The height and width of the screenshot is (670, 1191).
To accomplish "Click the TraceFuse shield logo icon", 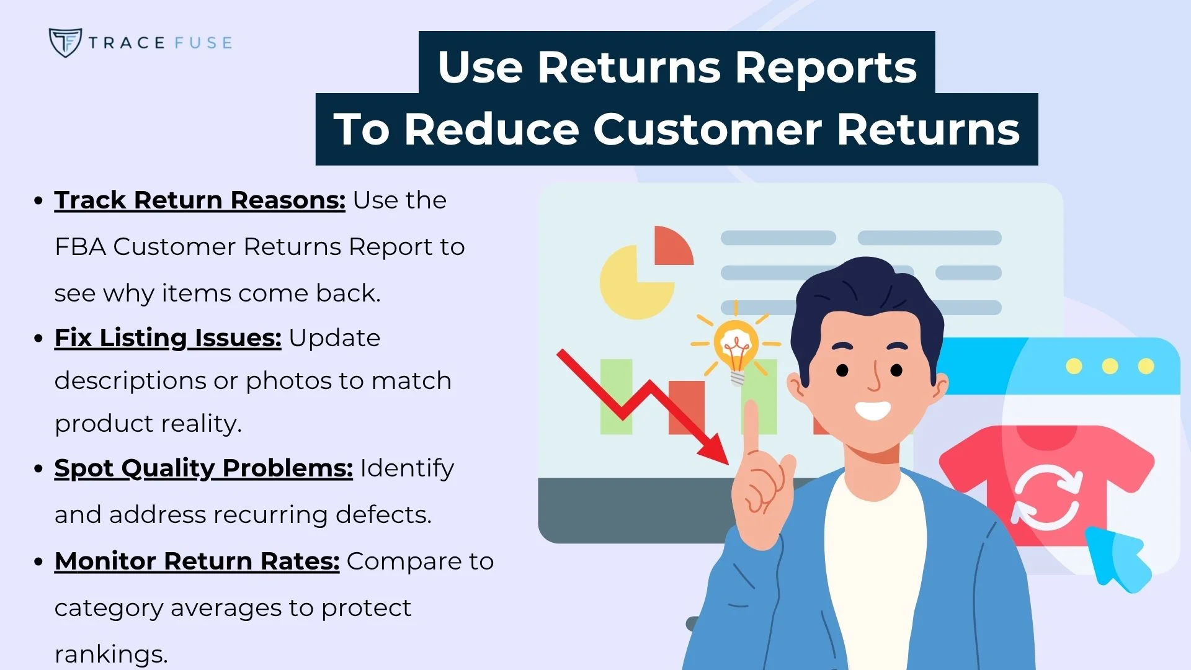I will (65, 42).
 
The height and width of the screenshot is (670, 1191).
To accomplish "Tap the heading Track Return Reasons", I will (199, 200).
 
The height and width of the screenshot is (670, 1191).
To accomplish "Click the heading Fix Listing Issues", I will (167, 338).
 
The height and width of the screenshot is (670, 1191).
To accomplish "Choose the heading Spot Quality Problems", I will (203, 468).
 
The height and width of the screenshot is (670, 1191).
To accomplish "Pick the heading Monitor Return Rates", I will (197, 561).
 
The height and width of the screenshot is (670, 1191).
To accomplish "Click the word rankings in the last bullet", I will (110, 654).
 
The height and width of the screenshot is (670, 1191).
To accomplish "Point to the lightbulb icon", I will (736, 347).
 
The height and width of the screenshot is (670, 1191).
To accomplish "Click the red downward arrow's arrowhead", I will (716, 450).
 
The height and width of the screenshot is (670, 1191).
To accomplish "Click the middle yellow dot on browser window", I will (1110, 366).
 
